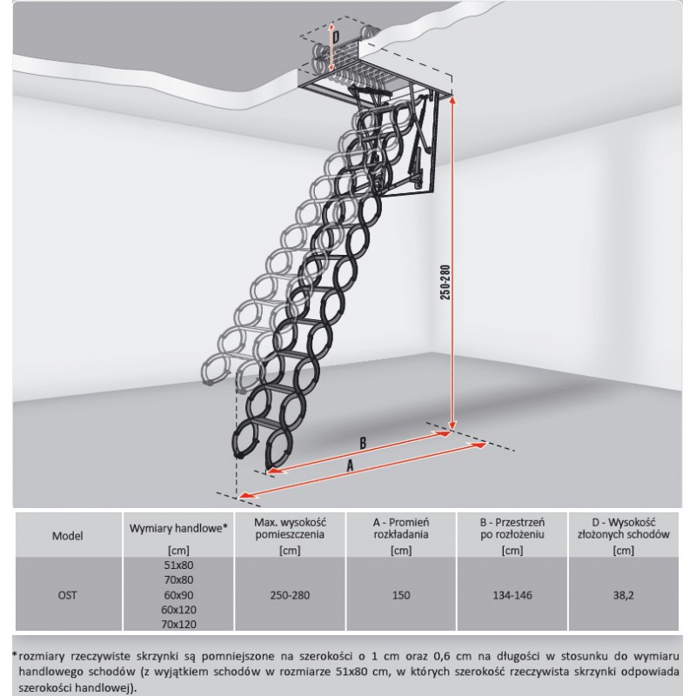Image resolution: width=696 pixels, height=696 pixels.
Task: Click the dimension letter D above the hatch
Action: (x=336, y=37)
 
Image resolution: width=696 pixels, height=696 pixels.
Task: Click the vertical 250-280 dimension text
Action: (x=445, y=283)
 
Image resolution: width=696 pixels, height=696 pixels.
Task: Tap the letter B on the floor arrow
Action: (x=363, y=443)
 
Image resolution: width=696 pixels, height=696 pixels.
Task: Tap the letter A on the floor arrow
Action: (x=351, y=465)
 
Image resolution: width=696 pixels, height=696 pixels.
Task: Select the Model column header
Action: (x=68, y=536)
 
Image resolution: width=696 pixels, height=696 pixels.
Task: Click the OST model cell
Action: (x=68, y=595)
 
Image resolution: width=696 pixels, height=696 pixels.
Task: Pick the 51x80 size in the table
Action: (x=178, y=565)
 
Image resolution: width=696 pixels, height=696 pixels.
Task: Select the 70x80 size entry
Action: (x=178, y=579)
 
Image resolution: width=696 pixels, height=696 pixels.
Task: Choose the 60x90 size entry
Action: (x=178, y=595)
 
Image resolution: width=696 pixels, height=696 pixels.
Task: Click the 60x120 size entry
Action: (x=178, y=610)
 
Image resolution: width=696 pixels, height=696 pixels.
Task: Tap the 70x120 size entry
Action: (x=178, y=624)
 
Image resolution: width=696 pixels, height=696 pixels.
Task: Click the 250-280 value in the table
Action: (x=290, y=595)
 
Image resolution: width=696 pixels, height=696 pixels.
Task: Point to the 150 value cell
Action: (x=401, y=595)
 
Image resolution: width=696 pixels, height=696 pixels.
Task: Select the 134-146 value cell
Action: (x=512, y=595)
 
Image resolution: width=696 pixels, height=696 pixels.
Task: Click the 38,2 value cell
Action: (x=624, y=595)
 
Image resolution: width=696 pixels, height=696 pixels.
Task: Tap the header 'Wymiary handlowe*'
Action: (x=178, y=528)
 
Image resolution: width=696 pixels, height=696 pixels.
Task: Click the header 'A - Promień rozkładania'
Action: (x=401, y=528)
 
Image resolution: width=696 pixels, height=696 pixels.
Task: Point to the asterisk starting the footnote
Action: (x=15, y=654)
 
